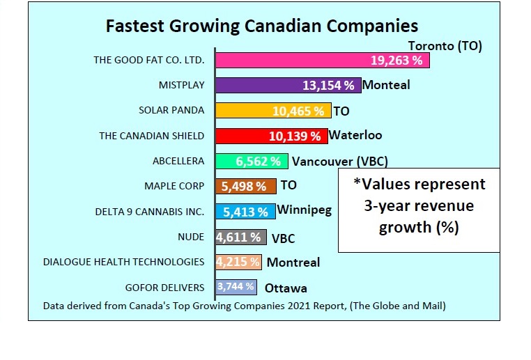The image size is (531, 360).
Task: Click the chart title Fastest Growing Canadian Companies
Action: pyautogui.click(x=261, y=26)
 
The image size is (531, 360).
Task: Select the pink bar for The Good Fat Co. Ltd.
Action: pyautogui.click(x=322, y=61)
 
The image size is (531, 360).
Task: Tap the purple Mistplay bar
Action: pyautogui.click(x=288, y=86)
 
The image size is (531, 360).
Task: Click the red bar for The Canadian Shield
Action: pyautogui.click(x=271, y=135)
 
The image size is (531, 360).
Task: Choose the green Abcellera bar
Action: pyautogui.click(x=252, y=161)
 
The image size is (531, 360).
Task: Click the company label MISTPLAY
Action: pyautogui.click(x=181, y=86)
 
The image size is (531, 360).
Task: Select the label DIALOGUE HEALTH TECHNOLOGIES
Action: pyautogui.click(x=123, y=262)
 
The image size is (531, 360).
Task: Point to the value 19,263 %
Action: pyautogui.click(x=397, y=61)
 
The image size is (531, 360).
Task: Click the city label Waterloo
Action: pyautogui.click(x=355, y=135)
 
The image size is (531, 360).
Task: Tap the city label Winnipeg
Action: pyautogui.click(x=305, y=210)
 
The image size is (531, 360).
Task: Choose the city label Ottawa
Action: pyautogui.click(x=286, y=288)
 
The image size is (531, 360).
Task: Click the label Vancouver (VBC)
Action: pyautogui.click(x=339, y=162)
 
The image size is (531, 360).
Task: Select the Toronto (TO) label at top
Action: pyautogui.click(x=445, y=46)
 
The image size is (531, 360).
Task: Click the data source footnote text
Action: pyautogui.click(x=244, y=305)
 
